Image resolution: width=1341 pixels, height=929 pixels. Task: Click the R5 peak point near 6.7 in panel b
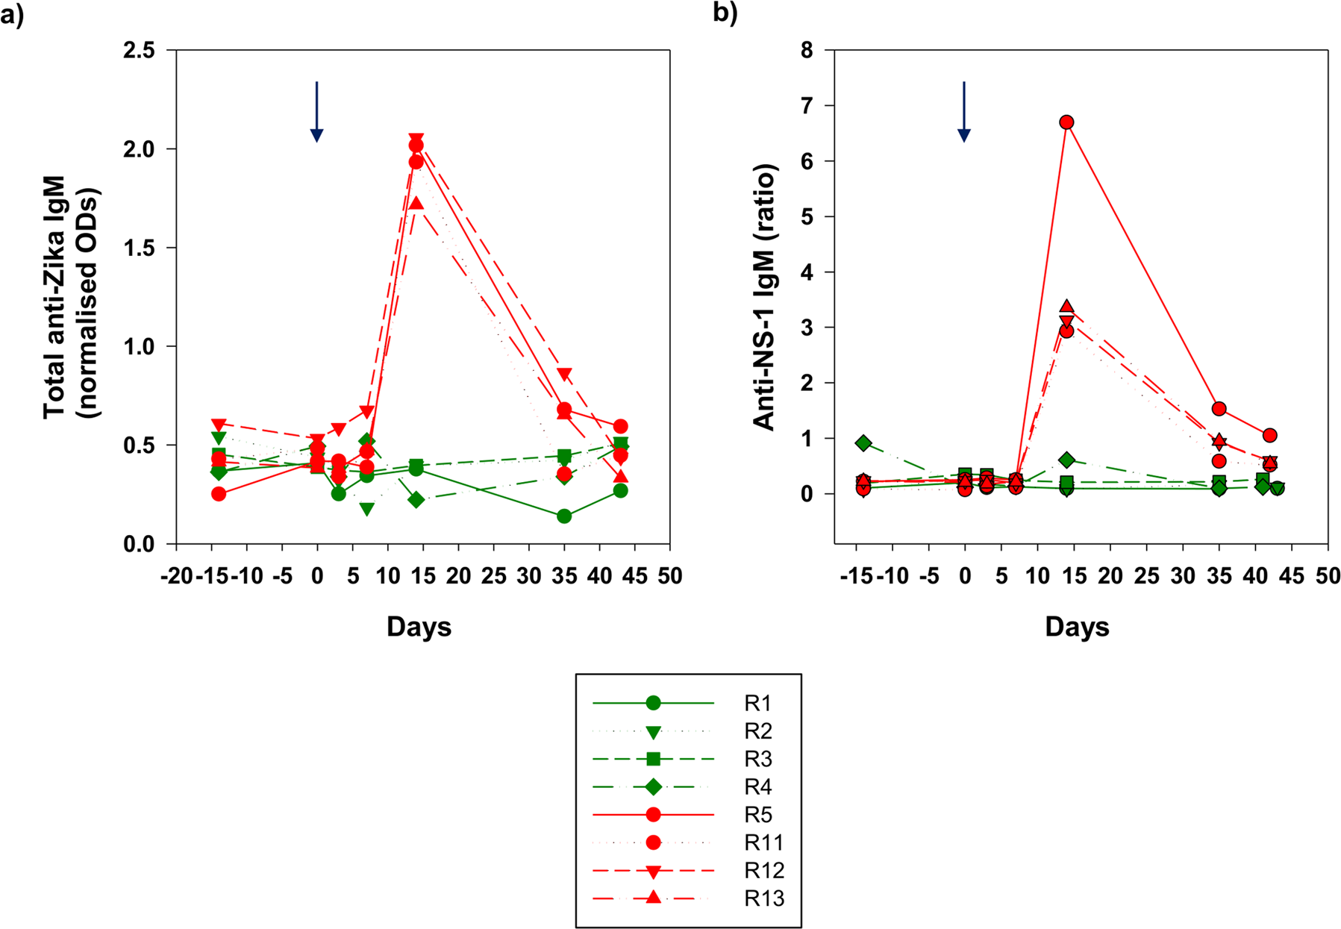click(x=1066, y=122)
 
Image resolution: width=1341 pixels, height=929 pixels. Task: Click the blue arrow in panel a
click(x=316, y=112)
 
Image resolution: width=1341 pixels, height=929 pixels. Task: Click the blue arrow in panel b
click(x=964, y=112)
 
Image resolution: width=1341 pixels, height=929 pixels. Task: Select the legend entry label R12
click(x=764, y=871)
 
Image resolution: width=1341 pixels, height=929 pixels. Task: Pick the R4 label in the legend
click(x=758, y=787)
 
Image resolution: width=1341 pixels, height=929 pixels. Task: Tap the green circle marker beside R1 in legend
click(x=653, y=703)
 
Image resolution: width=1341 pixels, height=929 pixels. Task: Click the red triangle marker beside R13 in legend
click(x=653, y=898)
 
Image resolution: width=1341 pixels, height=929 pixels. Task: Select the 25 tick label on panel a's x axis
click(x=493, y=576)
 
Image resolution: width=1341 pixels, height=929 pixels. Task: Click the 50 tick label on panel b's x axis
click(x=1328, y=576)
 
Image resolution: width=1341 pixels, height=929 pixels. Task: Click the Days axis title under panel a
click(x=419, y=627)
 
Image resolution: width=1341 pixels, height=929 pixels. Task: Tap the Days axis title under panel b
click(x=1077, y=627)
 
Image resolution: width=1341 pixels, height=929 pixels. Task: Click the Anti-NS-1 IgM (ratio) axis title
click(x=766, y=297)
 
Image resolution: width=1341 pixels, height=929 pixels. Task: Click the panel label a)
click(x=13, y=14)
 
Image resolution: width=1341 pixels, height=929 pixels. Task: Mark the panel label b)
click(x=725, y=13)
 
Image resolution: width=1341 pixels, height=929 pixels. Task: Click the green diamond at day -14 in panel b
click(x=863, y=443)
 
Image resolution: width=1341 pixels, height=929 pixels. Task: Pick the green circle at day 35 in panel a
click(x=564, y=516)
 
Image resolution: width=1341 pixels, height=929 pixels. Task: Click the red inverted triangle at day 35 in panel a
click(x=564, y=375)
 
